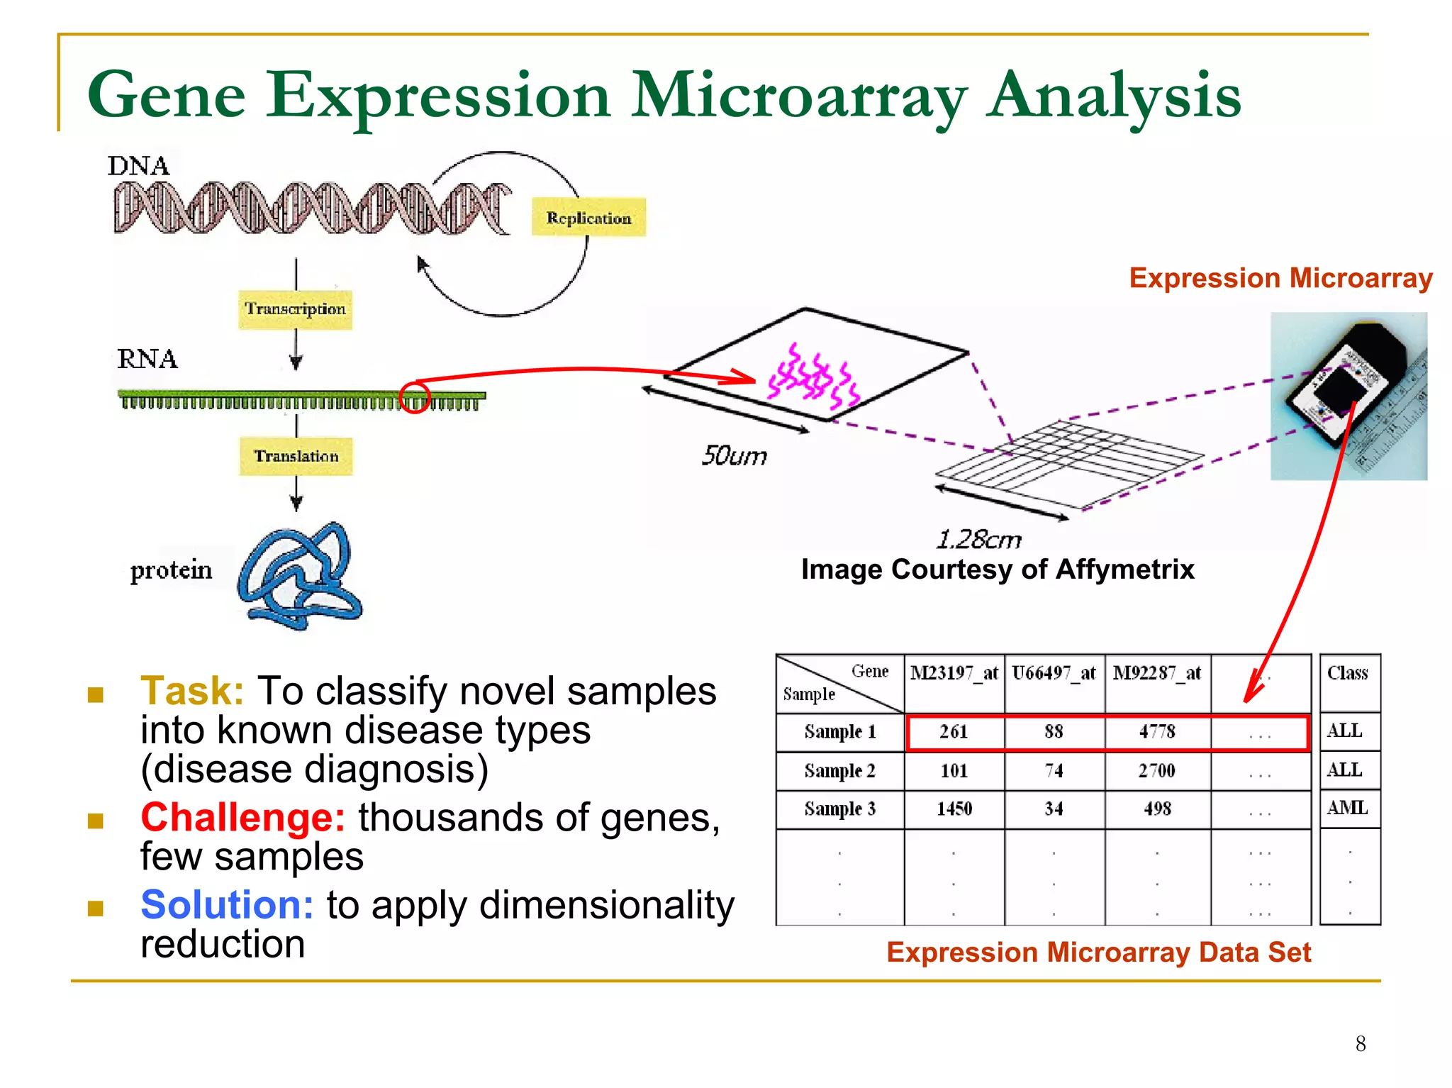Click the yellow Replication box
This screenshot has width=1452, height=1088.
click(588, 217)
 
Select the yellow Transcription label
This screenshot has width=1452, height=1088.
click(295, 309)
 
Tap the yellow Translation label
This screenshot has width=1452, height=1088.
click(296, 456)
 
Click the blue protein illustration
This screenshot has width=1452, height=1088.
click(301, 576)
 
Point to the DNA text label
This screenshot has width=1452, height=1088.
click(139, 166)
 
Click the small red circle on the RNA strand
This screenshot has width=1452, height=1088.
click(415, 397)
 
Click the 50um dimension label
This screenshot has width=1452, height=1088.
click(734, 455)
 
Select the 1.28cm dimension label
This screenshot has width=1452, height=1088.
click(978, 540)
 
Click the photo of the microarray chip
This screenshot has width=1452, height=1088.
click(1348, 396)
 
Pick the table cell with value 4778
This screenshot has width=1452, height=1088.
click(1157, 731)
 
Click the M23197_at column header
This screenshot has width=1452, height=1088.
click(954, 673)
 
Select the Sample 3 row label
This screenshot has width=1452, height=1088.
click(839, 809)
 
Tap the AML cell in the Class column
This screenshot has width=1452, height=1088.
click(1348, 808)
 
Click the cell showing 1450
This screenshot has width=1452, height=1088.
click(954, 809)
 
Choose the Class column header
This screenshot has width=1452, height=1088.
click(1348, 673)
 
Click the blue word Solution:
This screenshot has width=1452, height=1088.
click(227, 905)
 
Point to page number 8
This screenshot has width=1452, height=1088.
click(1361, 1043)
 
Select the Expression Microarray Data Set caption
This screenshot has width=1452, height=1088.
click(1098, 952)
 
